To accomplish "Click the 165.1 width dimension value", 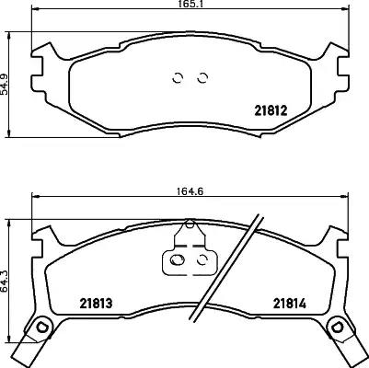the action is pyautogui.click(x=190, y=4).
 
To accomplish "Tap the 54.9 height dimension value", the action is pyautogui.click(x=4, y=84).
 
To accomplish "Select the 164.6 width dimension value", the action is pyautogui.click(x=190, y=191).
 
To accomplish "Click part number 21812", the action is pyautogui.click(x=271, y=110).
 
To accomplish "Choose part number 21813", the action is pyautogui.click(x=96, y=304).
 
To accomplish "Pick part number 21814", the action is pyautogui.click(x=290, y=304).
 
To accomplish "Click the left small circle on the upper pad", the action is pyautogui.click(x=178, y=78).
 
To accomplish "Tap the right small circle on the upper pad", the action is pyautogui.click(x=202, y=78).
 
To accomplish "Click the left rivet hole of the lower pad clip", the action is pyautogui.click(x=178, y=260).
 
